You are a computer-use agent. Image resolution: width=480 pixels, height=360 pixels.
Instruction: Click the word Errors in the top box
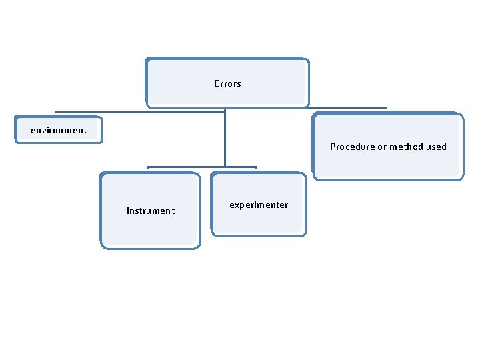[x=227, y=84]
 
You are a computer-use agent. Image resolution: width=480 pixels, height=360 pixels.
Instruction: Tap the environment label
[x=59, y=130]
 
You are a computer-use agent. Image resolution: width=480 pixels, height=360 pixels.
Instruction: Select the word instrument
[x=151, y=211]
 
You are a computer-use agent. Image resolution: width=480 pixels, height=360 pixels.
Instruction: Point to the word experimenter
[x=259, y=205]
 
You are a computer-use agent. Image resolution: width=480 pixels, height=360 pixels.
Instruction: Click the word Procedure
[x=352, y=147]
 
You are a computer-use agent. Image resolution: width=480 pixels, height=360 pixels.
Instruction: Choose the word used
[x=437, y=147]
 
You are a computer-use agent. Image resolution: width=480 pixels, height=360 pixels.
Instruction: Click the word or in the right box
[x=382, y=147]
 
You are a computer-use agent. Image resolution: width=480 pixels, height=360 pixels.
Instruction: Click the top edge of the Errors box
[x=227, y=59]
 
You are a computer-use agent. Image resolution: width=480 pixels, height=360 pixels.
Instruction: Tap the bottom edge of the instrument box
[x=150, y=248]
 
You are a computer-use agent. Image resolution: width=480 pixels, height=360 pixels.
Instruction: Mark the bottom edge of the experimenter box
[x=259, y=235]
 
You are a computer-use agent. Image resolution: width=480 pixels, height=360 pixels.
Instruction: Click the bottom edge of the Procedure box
[x=388, y=179]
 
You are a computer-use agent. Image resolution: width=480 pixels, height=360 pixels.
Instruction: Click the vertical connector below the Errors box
[x=225, y=137]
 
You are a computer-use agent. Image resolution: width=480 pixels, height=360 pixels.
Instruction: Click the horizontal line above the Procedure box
[x=347, y=107]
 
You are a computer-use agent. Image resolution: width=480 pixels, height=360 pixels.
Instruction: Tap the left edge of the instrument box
[x=100, y=211]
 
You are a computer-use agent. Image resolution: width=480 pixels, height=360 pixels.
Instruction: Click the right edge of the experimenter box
[x=306, y=205]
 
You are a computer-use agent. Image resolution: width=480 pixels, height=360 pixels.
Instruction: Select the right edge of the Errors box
[x=309, y=83]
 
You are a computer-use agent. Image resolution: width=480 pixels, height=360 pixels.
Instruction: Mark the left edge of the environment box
[x=16, y=130]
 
